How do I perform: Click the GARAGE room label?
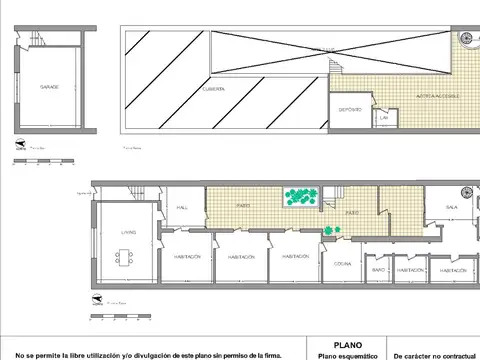[x=49, y=87]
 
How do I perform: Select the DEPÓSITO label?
[x=350, y=108]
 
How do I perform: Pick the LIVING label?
[x=129, y=232]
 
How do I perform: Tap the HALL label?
[x=183, y=207]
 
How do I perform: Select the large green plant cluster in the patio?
[x=300, y=197]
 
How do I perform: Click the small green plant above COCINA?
[x=331, y=233]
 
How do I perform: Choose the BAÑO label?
[x=379, y=269]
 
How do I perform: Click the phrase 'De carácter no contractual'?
[x=435, y=355]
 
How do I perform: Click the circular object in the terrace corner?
[x=466, y=38]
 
